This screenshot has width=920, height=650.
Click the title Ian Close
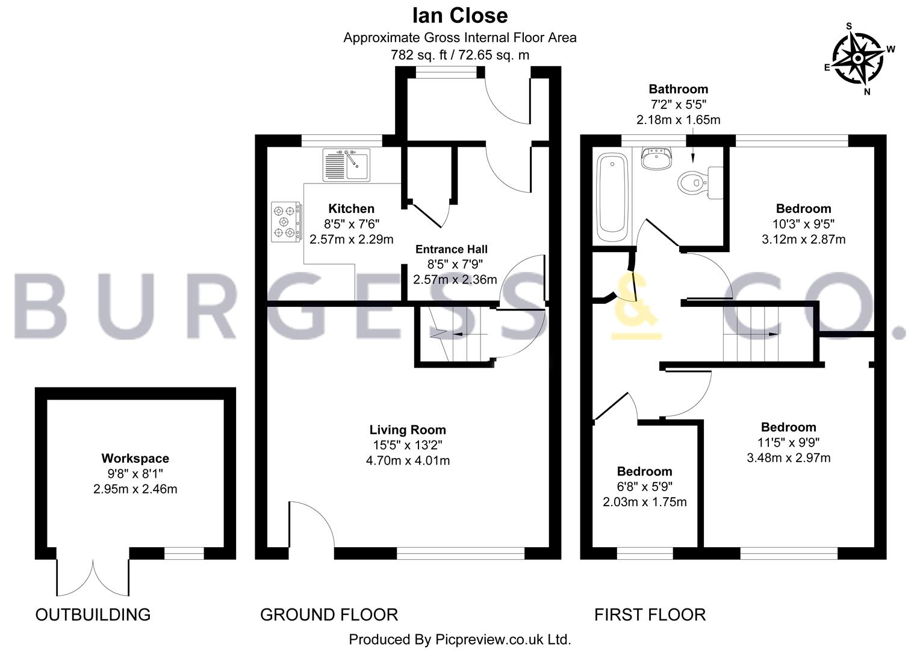(460, 16)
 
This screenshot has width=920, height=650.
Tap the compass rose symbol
(858, 59)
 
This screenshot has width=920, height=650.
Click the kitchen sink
(346, 165)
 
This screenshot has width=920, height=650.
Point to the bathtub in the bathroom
(612, 197)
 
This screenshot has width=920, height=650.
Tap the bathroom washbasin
(657, 158)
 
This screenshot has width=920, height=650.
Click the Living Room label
(408, 430)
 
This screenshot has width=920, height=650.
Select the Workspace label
(135, 458)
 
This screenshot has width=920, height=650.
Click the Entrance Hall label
(452, 249)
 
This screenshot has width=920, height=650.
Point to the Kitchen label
(351, 209)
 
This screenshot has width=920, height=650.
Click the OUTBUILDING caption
(93, 614)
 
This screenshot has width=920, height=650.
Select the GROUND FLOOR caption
(329, 614)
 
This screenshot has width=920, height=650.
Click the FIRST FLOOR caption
(650, 614)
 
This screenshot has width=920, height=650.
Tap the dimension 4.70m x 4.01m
(408, 460)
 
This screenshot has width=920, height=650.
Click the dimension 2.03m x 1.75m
(644, 502)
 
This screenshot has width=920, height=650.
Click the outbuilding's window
(184, 554)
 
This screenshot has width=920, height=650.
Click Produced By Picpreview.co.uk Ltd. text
(459, 639)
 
